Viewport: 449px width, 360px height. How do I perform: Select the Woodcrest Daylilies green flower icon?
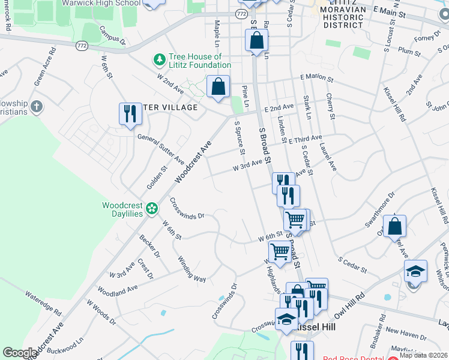click(152, 209)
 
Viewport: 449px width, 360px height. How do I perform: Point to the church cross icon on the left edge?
click(37, 107)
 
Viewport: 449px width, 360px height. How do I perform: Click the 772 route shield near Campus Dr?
click(82, 45)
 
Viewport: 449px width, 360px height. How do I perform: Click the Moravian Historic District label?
click(343, 18)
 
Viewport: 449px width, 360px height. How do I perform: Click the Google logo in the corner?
click(20, 353)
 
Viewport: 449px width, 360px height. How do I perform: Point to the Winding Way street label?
click(191, 269)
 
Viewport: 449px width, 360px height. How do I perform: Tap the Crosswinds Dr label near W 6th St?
click(187, 208)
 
